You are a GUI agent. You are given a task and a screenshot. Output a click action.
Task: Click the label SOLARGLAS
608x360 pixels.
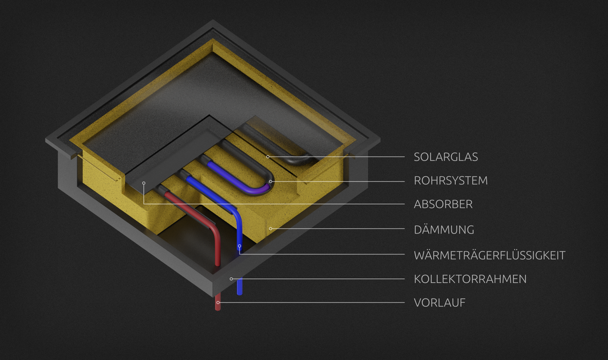446,157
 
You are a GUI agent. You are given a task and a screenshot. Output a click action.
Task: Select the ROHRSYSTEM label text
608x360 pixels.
451,181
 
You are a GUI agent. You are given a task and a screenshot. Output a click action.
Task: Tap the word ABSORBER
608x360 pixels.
443,205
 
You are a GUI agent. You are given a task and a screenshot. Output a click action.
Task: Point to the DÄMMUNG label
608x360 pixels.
444,230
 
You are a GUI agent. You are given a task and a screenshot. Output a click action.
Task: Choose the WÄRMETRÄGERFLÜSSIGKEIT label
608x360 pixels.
489,255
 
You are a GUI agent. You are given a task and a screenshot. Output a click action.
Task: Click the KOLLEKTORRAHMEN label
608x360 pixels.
470,279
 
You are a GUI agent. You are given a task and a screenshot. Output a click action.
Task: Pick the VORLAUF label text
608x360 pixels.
439,303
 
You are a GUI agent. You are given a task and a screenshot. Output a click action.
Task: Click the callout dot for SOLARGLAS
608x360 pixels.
268,156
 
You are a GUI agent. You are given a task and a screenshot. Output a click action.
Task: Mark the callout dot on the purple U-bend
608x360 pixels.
270,182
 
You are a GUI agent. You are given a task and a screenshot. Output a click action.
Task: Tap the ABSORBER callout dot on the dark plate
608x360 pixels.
144,183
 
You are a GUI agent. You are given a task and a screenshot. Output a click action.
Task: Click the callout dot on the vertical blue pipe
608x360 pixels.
239,246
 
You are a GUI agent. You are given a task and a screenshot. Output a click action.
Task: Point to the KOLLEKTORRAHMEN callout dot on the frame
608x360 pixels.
231,279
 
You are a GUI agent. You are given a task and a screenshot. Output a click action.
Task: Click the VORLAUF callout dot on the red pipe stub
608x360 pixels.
218,302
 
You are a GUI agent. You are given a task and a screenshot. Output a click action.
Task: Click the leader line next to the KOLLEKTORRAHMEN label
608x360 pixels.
319,279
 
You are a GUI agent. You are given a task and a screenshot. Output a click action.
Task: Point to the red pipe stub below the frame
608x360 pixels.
218,307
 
